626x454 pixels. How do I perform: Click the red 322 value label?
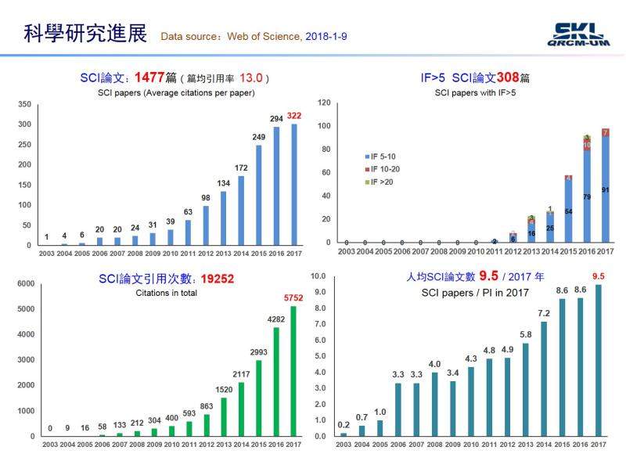(293, 115)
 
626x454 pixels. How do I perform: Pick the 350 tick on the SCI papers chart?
(25, 105)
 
